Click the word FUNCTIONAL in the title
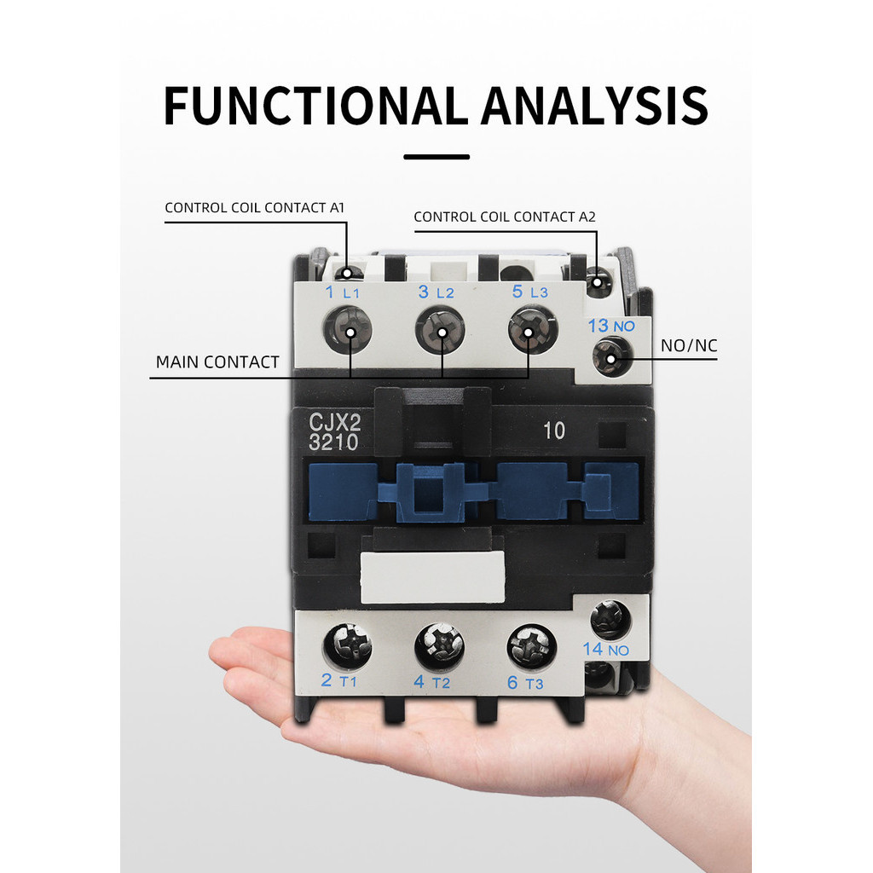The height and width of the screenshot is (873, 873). (x=316, y=106)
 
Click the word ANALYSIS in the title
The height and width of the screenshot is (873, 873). (x=594, y=106)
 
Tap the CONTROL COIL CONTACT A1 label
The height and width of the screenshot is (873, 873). (x=254, y=207)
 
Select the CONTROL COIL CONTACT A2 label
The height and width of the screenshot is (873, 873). (x=505, y=217)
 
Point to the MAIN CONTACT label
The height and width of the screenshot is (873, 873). (x=217, y=362)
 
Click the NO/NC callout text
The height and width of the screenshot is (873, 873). (x=689, y=346)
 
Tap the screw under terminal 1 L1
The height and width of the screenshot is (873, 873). (x=348, y=330)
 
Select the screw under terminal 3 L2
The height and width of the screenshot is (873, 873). (x=440, y=331)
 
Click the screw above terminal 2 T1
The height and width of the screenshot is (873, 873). (x=348, y=645)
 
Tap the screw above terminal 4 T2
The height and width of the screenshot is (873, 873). (x=439, y=647)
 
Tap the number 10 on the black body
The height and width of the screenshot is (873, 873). (x=553, y=431)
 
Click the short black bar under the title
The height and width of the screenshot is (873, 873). (x=436, y=157)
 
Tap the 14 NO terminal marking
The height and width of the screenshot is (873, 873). (x=605, y=650)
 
